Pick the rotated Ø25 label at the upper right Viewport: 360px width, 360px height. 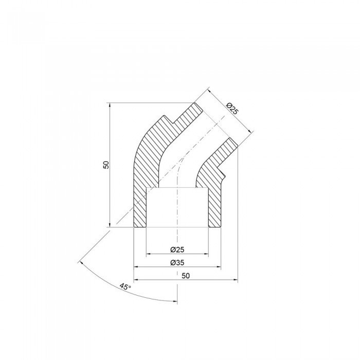tap(232, 108)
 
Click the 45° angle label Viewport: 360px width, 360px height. tap(124, 286)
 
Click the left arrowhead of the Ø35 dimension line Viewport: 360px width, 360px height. tap(137, 267)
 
